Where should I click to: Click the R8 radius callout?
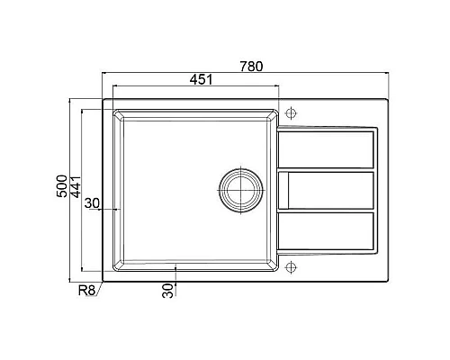coord(87,291)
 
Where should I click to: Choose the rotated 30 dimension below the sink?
coord(167,291)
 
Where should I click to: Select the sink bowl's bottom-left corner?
coord(114,269)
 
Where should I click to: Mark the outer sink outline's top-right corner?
coord(388,99)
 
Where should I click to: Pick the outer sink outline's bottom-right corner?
coord(388,280)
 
